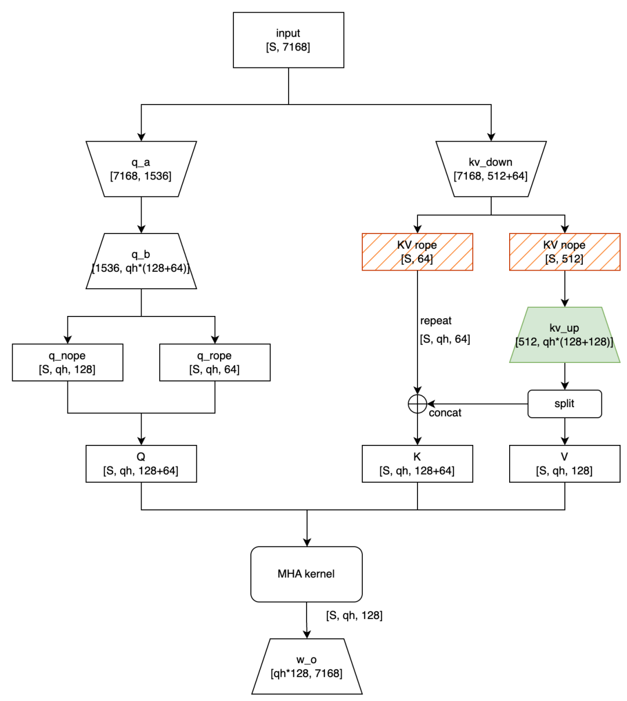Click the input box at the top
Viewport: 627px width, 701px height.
289,40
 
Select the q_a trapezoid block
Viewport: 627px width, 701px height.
141,169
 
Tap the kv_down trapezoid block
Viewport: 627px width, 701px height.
491,169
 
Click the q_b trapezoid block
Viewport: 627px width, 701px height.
141,261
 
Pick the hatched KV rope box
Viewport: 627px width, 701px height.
417,252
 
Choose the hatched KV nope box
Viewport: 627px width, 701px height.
564,252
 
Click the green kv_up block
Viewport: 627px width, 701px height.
564,335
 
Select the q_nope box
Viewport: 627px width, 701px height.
67,362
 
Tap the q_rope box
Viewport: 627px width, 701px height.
215,362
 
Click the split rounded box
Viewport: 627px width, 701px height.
564,404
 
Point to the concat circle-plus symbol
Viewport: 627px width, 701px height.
417,404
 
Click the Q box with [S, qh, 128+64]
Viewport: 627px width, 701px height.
141,464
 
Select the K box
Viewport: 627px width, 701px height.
417,464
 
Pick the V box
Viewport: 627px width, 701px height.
564,464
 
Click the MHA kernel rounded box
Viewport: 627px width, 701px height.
307,574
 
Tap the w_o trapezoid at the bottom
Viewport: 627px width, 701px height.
307,667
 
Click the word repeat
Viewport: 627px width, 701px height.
436,321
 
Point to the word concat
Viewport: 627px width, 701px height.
445,413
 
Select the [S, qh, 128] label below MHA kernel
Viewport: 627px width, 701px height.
354,616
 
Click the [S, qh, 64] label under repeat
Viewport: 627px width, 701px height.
445,339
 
